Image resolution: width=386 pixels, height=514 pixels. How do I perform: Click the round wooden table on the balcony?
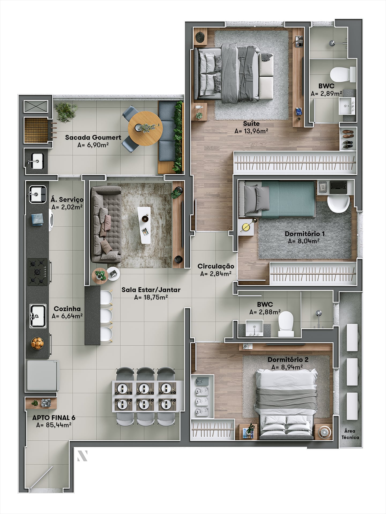tap(145, 128)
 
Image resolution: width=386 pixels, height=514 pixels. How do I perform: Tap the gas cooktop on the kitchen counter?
tap(38, 272)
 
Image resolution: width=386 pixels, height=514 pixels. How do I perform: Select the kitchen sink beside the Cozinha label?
tap(38, 316)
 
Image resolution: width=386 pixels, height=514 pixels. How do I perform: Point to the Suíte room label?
tap(251, 124)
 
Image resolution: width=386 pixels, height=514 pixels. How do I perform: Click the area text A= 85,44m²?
tap(54, 425)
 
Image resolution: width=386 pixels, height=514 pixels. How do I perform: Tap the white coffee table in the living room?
tap(144, 225)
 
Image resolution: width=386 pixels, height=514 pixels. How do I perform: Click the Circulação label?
tap(216, 266)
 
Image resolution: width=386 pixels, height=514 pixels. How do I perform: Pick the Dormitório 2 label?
tap(288, 360)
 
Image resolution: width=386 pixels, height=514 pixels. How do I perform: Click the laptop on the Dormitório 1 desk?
tap(338, 187)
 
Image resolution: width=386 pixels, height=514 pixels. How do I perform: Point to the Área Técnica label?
tap(350, 434)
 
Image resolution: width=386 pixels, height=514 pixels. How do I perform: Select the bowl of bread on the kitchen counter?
tap(37, 343)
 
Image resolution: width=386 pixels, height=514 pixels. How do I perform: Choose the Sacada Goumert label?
tap(93, 137)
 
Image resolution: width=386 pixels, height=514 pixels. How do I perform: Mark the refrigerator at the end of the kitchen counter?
tap(42, 376)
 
